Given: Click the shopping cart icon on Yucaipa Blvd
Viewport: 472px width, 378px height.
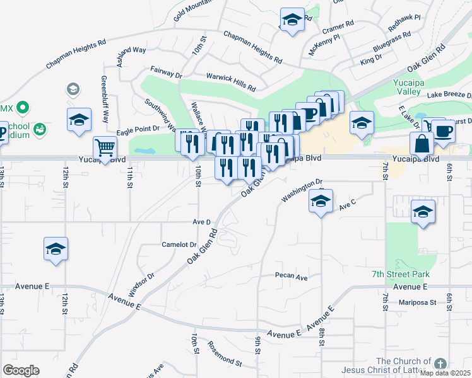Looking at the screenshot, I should tap(105, 148).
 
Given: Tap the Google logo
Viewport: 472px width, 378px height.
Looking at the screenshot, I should tap(21, 370).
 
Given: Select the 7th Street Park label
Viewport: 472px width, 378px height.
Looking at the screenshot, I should tap(401, 274).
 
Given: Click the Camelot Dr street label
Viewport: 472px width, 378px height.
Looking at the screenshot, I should tap(179, 244).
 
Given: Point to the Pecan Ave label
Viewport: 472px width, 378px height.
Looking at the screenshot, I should tap(291, 277).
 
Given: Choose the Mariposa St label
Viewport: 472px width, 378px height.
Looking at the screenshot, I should tap(417, 302).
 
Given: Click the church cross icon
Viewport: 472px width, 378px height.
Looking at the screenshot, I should tap(440, 364).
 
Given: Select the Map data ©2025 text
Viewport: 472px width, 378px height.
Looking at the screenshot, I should tap(446, 373).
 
